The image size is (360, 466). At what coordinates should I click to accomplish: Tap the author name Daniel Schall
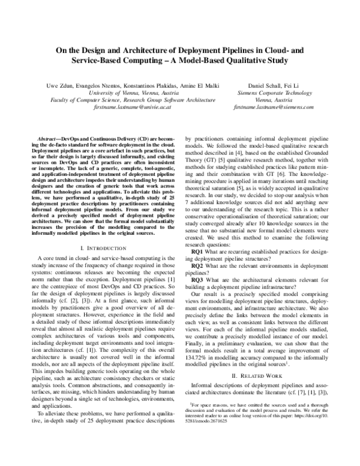pos(256,86)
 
